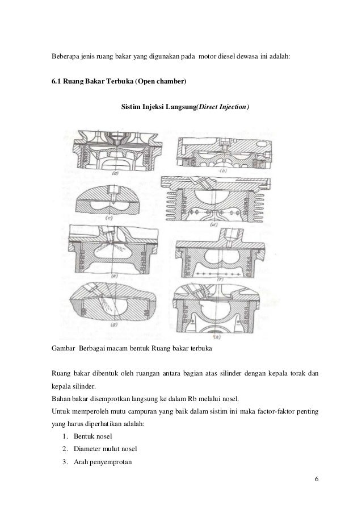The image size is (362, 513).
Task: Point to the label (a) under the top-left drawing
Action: [x=115, y=173]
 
